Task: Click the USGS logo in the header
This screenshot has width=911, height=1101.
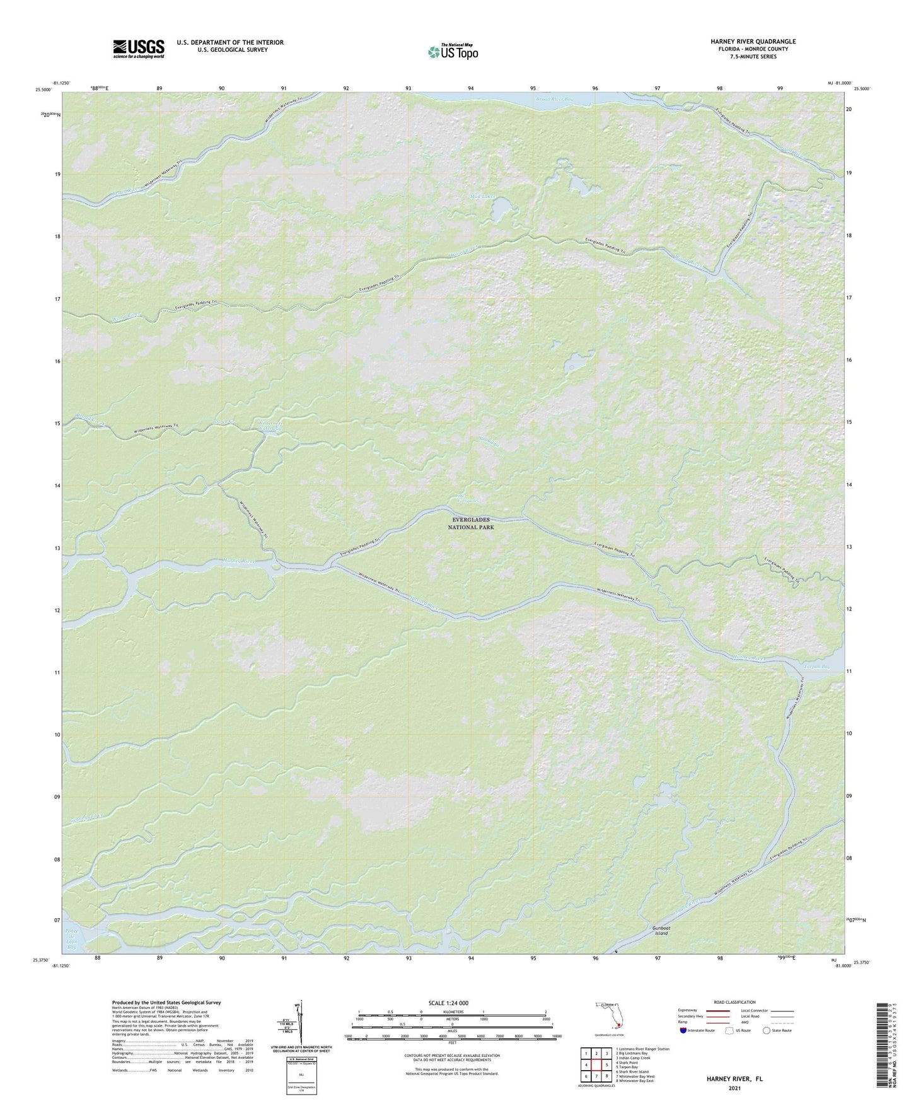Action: coord(138,49)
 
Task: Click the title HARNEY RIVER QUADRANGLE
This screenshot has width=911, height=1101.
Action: coord(744,42)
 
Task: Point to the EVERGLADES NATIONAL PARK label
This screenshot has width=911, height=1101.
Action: coord(471,523)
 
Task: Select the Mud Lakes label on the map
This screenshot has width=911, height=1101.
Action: coord(483,197)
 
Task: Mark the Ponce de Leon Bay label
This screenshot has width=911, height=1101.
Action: coord(73,938)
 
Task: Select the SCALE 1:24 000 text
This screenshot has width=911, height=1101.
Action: coord(448,1003)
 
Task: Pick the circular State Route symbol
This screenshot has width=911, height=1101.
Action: coord(766,1030)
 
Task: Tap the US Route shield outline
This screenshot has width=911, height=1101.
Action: coord(730,1030)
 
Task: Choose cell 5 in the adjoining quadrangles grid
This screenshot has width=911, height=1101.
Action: coord(606,1065)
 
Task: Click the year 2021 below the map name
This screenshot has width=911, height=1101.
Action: coord(734,1088)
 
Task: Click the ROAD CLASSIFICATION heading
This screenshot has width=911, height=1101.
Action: coord(734,1002)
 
